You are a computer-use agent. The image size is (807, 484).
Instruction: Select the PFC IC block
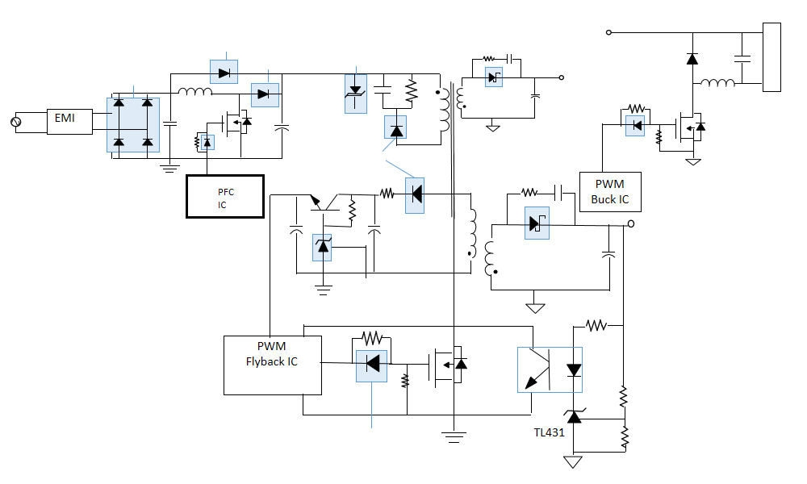click(x=225, y=196)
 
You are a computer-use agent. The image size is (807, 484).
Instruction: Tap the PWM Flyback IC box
click(x=272, y=365)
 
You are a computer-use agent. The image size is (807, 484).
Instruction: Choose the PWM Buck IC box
click(x=610, y=192)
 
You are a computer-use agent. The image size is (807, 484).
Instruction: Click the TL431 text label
click(x=548, y=433)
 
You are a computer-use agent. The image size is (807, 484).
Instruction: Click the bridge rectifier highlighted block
click(x=133, y=124)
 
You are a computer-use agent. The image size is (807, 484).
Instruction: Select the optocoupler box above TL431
click(x=550, y=369)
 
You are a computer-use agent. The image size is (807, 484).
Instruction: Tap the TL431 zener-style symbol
click(x=574, y=417)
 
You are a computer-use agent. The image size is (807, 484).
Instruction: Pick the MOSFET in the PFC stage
click(x=236, y=122)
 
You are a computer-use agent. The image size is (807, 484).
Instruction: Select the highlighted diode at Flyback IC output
click(x=372, y=364)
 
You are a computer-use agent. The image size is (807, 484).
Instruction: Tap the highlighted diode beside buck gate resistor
click(x=635, y=125)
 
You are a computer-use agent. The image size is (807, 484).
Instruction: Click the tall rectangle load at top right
click(x=771, y=57)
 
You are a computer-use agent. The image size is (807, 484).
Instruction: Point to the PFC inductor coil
click(x=194, y=92)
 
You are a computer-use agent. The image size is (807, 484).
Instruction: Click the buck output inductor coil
click(x=717, y=83)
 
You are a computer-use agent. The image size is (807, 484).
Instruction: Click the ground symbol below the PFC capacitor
click(x=169, y=168)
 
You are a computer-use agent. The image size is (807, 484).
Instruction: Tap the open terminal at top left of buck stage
click(x=608, y=32)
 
